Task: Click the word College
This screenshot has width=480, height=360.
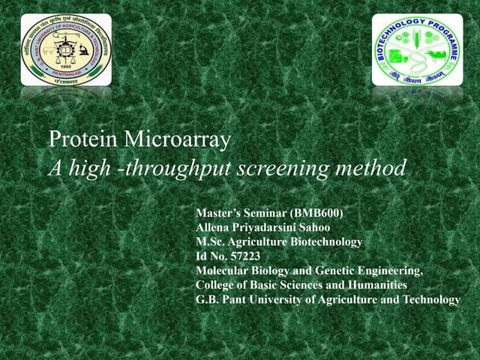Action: [216, 285]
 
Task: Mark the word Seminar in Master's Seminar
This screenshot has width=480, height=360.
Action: [259, 214]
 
